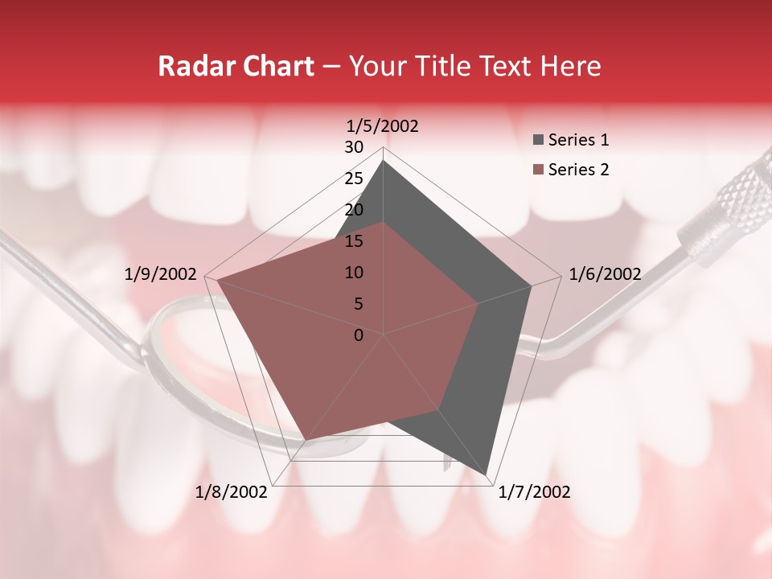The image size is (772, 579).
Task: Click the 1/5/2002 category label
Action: [x=383, y=125]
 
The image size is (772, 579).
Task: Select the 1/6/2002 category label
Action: [x=605, y=274]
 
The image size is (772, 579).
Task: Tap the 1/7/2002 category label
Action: [x=534, y=492]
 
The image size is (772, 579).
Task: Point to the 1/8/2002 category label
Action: [x=232, y=492]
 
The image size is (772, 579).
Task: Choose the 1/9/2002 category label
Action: [x=161, y=274]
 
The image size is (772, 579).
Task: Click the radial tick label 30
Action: [x=354, y=147]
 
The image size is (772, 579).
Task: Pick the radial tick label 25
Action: [x=354, y=179]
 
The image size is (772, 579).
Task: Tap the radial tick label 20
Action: [x=354, y=210]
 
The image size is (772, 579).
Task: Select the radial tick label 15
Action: [x=354, y=241]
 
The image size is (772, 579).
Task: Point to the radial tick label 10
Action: [x=354, y=273]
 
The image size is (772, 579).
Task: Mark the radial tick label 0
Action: [x=359, y=335]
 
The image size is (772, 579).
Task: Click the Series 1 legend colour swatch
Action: [x=539, y=140]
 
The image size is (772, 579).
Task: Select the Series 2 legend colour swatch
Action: [x=539, y=170]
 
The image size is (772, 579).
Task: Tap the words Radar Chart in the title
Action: [x=236, y=66]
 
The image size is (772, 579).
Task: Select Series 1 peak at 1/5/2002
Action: [x=383, y=161]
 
